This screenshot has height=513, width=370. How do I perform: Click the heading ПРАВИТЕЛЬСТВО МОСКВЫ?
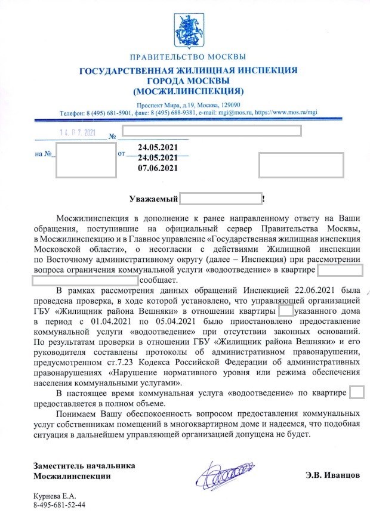(187, 57)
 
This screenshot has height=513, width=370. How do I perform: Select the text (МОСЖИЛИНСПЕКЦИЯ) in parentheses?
(188, 92)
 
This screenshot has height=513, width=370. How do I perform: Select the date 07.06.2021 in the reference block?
(158, 168)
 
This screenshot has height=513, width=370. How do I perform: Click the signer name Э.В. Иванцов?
(332, 476)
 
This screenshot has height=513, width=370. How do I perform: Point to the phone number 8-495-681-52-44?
(59, 505)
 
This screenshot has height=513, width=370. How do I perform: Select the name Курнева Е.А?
(54, 495)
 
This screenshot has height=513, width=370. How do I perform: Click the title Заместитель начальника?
(84, 465)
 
